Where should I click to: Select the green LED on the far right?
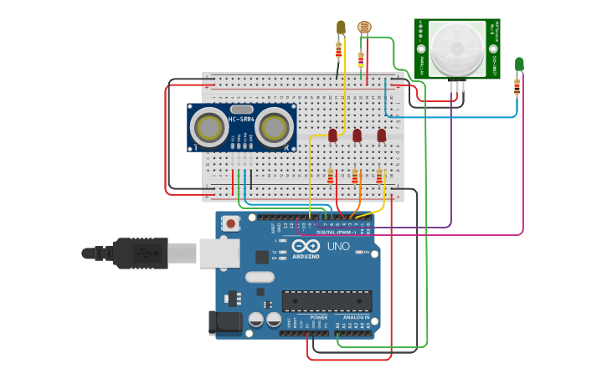pos(519,64)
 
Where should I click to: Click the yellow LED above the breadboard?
pos(341,28)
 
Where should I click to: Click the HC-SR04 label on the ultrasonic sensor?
pos(241,119)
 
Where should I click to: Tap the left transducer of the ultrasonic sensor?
pos(207,127)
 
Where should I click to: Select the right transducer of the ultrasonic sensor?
pos(275,127)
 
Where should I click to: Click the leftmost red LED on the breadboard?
pos(332,135)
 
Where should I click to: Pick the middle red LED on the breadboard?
pos(357,135)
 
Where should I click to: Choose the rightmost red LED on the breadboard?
pos(382,135)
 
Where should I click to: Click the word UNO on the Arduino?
pos(337,247)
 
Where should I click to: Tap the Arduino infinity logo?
pos(306,247)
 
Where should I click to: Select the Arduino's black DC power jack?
pos(224,322)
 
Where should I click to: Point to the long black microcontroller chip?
pos(327,301)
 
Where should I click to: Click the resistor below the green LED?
pos(517,85)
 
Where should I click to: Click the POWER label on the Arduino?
pos(318,317)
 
